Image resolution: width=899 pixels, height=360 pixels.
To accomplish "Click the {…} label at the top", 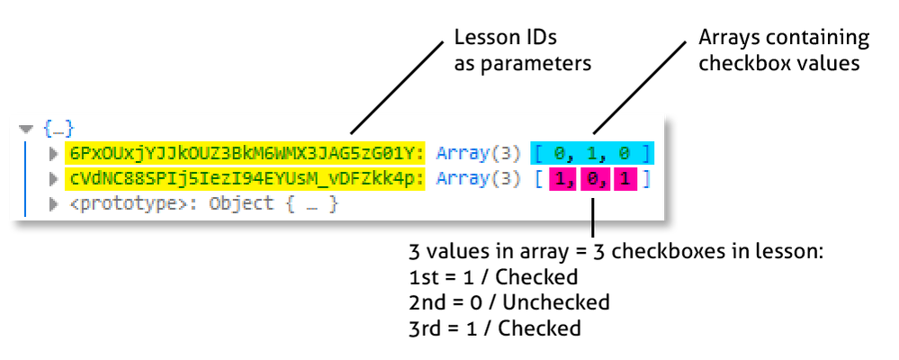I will (x=58, y=129).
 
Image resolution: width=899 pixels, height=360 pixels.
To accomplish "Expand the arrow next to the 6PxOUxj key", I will (x=53, y=153).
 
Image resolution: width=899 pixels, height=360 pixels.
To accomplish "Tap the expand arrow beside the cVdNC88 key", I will (x=53, y=178).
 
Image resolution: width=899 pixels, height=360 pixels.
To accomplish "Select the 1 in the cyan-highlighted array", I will (x=591, y=153).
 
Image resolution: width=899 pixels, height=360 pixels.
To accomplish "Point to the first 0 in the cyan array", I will (x=560, y=153).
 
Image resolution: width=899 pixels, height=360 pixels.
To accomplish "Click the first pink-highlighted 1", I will (x=560, y=178).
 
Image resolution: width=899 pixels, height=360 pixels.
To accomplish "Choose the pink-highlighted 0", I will (x=591, y=178).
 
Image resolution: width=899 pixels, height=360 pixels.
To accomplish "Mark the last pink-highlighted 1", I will (x=624, y=178).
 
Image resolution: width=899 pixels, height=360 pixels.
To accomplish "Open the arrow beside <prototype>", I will (x=53, y=203).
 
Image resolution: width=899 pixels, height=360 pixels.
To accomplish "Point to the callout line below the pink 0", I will (x=592, y=209).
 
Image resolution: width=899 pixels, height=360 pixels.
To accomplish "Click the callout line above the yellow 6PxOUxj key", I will (x=361, y=123).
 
